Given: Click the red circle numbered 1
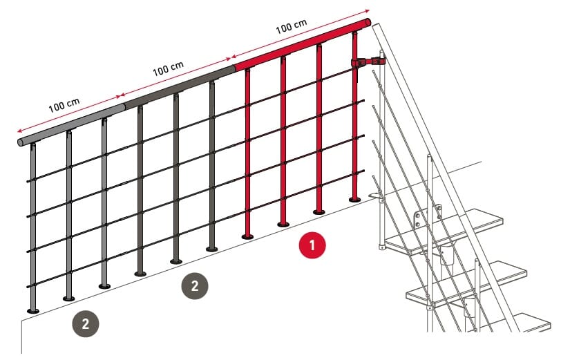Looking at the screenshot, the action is [312, 245].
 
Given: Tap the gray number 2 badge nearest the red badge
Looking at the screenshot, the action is [195, 285].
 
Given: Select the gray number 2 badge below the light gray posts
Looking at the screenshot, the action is [86, 324].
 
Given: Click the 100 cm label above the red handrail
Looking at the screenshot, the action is [292, 26].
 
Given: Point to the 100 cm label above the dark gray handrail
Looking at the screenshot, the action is [168, 68].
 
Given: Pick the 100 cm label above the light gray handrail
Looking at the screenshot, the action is [64, 105].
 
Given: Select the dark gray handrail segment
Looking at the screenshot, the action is [178, 87].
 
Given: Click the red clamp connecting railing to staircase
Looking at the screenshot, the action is [368, 63].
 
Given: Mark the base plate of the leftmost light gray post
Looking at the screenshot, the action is [33, 311].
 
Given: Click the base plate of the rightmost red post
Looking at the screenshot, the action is [355, 199].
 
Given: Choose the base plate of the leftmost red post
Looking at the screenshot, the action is [247, 236].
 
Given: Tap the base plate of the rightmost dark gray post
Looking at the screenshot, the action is [212, 249].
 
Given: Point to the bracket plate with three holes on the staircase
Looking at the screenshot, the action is [427, 217].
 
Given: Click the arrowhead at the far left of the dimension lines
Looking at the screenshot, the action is [19, 131].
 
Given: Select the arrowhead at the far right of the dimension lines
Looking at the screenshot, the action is [368, 12].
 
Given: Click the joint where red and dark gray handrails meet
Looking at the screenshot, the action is [234, 68].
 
